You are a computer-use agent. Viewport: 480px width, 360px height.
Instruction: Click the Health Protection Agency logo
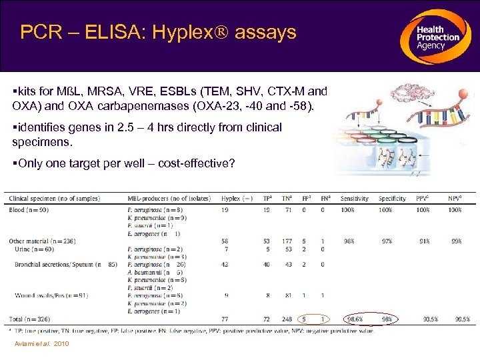437,37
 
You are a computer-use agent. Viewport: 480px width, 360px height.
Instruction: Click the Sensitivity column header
355,198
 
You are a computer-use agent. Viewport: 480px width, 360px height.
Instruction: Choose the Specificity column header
392,198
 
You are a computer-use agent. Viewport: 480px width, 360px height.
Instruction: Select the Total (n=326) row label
29,319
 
